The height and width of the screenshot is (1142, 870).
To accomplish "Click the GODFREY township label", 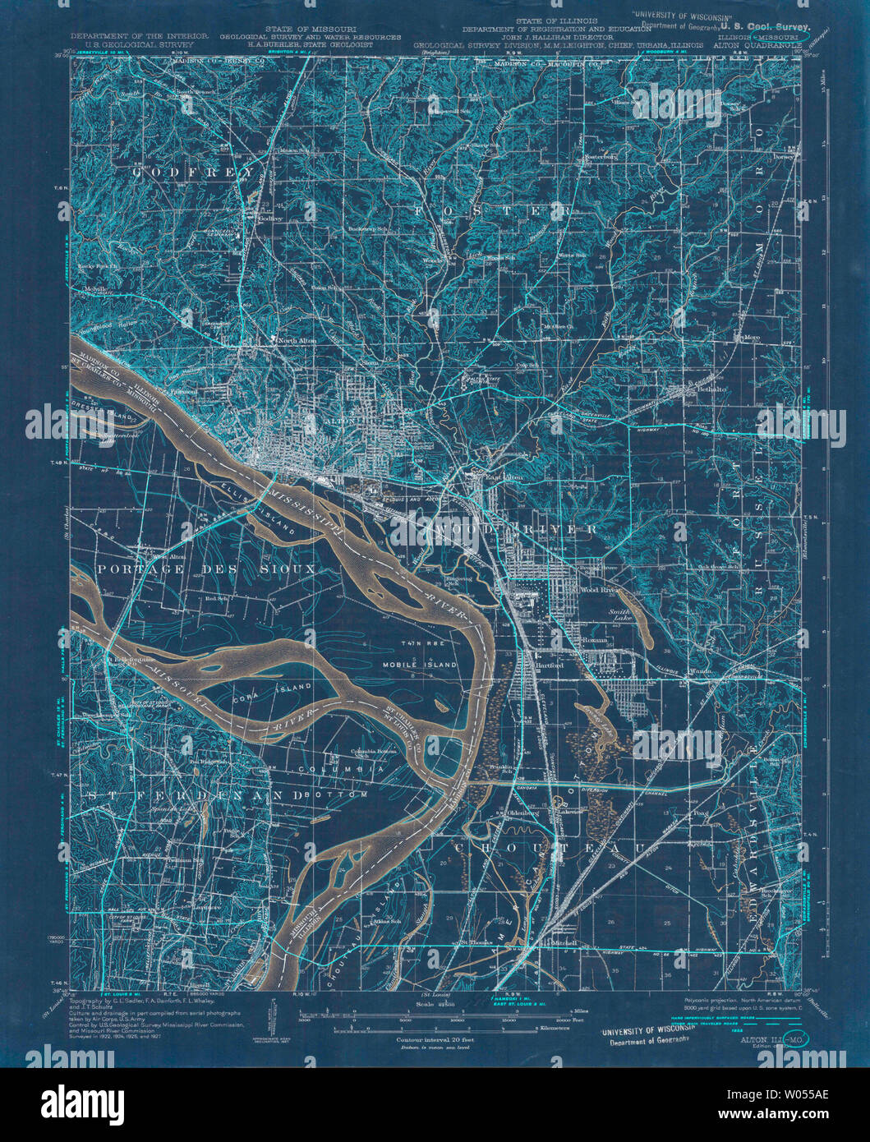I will click(x=187, y=173).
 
